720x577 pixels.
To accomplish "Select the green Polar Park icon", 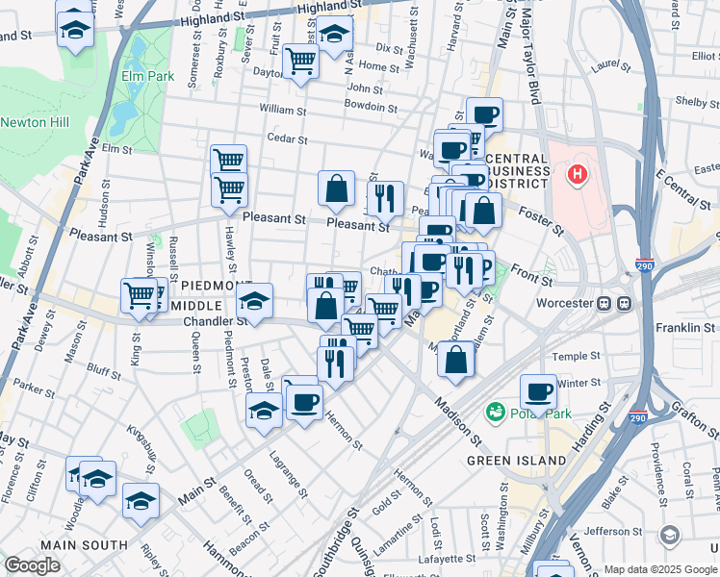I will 497,413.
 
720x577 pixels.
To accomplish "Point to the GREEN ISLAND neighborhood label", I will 517,461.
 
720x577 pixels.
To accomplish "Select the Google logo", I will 32,565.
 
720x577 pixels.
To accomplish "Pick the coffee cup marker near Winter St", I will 538,392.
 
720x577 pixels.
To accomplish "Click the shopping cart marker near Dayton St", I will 302,62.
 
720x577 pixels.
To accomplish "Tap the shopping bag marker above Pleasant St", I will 337,189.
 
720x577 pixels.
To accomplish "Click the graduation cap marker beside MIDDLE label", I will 255,302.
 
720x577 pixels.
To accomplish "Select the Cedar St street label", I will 286,138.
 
